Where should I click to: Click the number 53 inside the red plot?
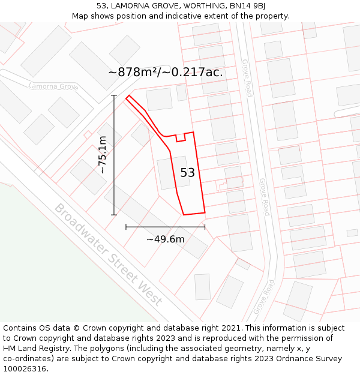coord(187,173)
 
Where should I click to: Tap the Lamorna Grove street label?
coord(54,86)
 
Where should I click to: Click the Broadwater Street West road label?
coord(108,254)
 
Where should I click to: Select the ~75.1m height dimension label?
coord(103,155)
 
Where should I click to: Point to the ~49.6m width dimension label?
coord(166,239)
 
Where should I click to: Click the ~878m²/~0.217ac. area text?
coord(166,72)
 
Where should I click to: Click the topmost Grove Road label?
coord(247,78)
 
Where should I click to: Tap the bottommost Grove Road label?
coord(263,296)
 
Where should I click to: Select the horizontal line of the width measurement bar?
coord(166,227)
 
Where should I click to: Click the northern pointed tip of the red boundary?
coord(128,96)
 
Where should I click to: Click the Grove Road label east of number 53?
coord(265,197)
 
